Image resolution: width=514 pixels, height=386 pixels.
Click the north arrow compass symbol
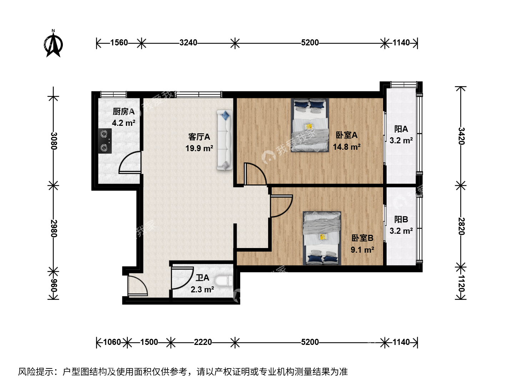pyautogui.click(x=54, y=44)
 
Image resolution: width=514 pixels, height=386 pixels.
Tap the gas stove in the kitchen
pyautogui.click(x=105, y=141)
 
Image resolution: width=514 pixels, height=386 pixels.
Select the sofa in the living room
pyautogui.click(x=225, y=140)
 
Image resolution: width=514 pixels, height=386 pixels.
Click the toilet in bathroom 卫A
pyautogui.click(x=224, y=281)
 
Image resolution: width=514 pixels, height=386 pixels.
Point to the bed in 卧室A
pyautogui.click(x=310, y=125)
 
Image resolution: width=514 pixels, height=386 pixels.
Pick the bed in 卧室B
pyautogui.click(x=322, y=238)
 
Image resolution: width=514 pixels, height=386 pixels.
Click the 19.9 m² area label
pyautogui.click(x=199, y=148)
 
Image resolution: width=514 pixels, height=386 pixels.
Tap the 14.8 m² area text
pyautogui.click(x=347, y=147)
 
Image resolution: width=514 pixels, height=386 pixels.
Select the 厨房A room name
pyautogui.click(x=124, y=112)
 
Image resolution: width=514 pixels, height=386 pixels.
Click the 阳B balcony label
pyautogui.click(x=401, y=219)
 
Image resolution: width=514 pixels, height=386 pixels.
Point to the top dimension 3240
pyautogui.click(x=188, y=43)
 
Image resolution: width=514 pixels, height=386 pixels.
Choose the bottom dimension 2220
pyautogui.click(x=203, y=342)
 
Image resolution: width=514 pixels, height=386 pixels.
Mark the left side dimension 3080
pyautogui.click(x=54, y=141)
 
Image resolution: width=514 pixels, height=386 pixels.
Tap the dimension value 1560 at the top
pyautogui.click(x=119, y=43)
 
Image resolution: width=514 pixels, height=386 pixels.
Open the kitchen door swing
pyautogui.click(x=130, y=162)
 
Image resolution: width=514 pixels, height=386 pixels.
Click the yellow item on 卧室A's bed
pyautogui.click(x=309, y=127)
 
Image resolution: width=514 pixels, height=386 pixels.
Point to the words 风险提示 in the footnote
pyautogui.click(x=36, y=372)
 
